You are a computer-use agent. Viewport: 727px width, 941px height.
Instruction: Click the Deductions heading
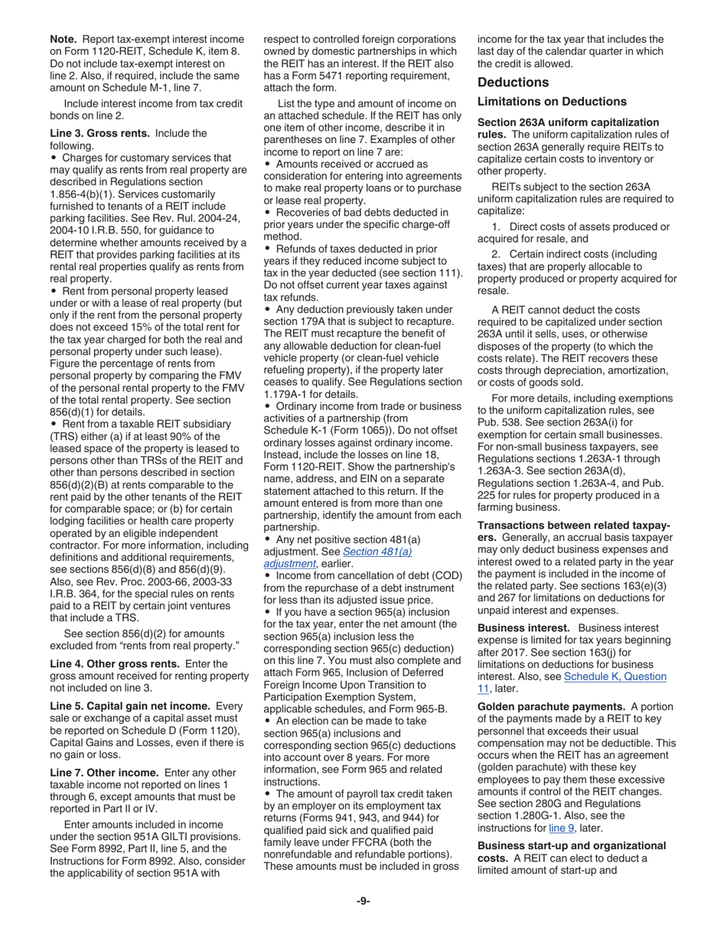coord(513,82)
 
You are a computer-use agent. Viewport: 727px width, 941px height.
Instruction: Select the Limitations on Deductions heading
coord(552,101)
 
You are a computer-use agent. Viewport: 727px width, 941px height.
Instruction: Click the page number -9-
coord(363,900)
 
